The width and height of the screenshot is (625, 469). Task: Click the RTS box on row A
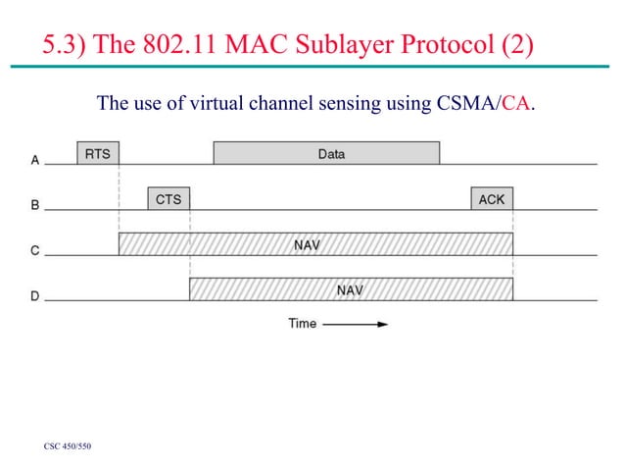98,153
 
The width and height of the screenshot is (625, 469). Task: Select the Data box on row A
326,153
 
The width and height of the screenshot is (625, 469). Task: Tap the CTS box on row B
168,198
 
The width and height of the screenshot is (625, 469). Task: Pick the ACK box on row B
491,198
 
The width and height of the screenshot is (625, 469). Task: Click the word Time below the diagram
302,323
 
